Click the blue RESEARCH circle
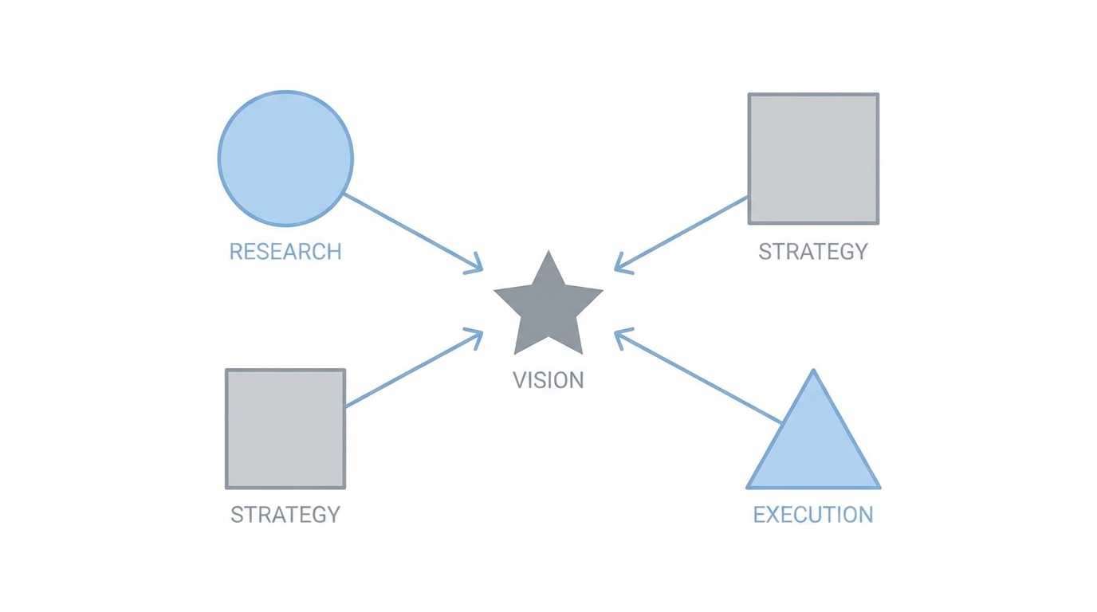[285, 159]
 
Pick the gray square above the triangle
[813, 159]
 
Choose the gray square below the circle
[285, 429]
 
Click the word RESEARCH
[285, 252]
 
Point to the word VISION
[548, 380]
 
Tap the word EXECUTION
[813, 515]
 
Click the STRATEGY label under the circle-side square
[285, 515]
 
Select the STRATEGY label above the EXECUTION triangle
[813, 252]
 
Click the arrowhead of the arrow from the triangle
[619, 334]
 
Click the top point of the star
[548, 253]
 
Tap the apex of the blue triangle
[813, 371]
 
